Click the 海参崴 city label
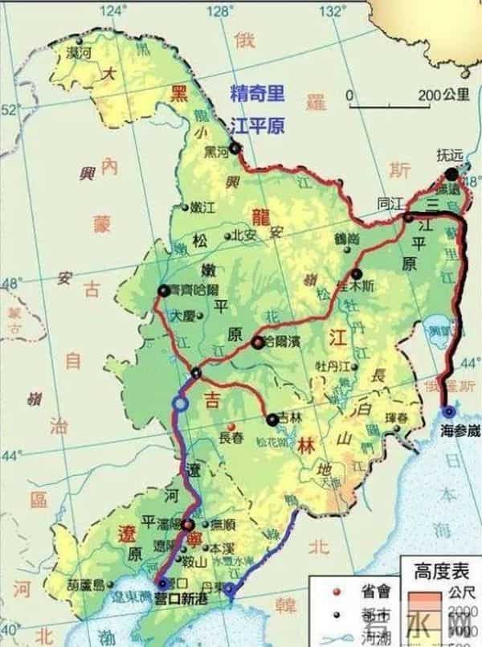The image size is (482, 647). [x=460, y=431]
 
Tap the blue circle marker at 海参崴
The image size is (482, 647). [x=448, y=412]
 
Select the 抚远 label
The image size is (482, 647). [x=451, y=154]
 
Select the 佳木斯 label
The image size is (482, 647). [x=356, y=286]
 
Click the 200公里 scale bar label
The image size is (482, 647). [x=443, y=95]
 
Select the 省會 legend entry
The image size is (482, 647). [x=375, y=591]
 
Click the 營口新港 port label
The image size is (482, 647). [x=180, y=599]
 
